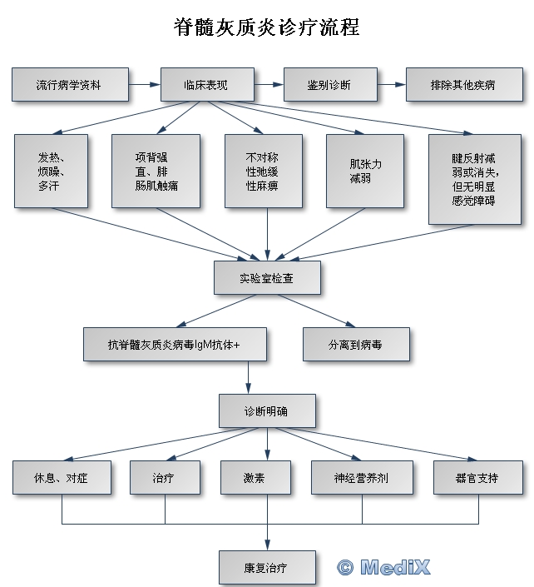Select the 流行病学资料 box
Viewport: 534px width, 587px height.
pyautogui.click(x=69, y=85)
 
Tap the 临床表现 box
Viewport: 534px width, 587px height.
pyautogui.click(x=205, y=85)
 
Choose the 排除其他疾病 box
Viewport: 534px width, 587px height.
pyautogui.click(x=463, y=85)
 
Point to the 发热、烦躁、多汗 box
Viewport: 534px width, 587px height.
pyautogui.click(x=51, y=172)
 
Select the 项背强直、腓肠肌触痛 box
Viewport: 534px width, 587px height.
pyautogui.click(x=156, y=172)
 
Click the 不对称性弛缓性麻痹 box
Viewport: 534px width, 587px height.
pyautogui.click(x=262, y=172)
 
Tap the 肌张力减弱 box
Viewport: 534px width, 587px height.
pyautogui.click(x=365, y=172)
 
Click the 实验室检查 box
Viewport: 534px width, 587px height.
pyautogui.click(x=266, y=278)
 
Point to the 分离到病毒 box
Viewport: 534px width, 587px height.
pyautogui.click(x=355, y=344)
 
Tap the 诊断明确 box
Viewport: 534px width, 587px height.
pyautogui.click(x=267, y=411)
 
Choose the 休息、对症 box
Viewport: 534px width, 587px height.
pyautogui.click(x=62, y=478)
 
